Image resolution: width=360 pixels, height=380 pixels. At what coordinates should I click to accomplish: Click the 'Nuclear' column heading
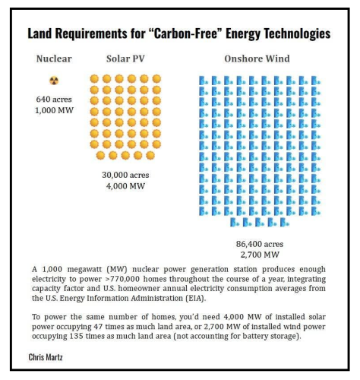click(x=53, y=59)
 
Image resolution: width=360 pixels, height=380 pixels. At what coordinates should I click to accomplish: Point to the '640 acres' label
click(x=53, y=100)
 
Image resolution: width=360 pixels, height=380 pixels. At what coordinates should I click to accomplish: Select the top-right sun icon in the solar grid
click(x=156, y=78)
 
